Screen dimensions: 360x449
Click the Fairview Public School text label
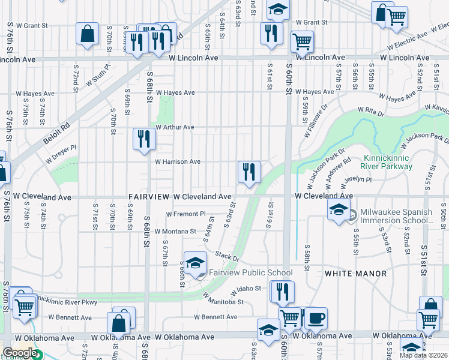[x=250, y=273]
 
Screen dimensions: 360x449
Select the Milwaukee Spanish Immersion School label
[x=396, y=217]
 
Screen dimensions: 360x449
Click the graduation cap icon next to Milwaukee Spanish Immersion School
[x=339, y=210]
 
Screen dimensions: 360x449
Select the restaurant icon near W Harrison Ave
[x=249, y=172]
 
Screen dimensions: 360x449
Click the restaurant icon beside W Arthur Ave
[x=144, y=139]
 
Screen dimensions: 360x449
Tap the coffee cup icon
[x=316, y=318]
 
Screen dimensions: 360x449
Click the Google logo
[x=19, y=353]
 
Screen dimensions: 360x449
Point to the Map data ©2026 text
[x=424, y=355]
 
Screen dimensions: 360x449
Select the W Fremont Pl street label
[x=186, y=214]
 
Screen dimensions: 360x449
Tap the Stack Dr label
[x=228, y=257]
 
